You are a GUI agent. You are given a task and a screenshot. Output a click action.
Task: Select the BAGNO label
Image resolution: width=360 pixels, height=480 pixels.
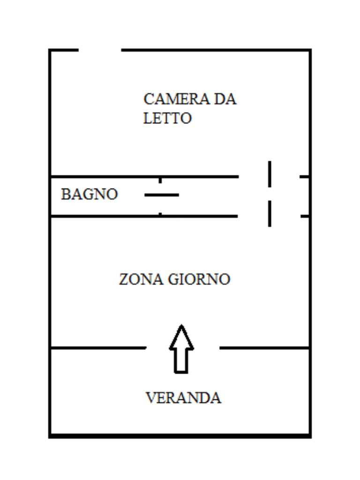pyautogui.click(x=89, y=194)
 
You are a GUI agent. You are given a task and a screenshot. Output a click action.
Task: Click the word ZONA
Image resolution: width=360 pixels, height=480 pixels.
pyautogui.click(x=141, y=279)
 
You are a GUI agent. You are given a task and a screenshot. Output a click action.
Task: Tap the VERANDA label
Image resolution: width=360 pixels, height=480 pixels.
pyautogui.click(x=183, y=398)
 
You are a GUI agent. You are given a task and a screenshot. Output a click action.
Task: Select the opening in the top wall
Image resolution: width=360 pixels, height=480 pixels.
pyautogui.click(x=100, y=50)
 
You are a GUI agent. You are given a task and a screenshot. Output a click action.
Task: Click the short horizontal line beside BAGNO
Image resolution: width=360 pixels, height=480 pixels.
pyautogui.click(x=162, y=195)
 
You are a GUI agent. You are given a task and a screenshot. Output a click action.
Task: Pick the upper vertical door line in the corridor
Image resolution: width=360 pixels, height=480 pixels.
pyautogui.click(x=270, y=174)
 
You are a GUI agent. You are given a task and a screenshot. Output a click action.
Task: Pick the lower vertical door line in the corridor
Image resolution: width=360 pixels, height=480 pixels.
pyautogui.click(x=270, y=213)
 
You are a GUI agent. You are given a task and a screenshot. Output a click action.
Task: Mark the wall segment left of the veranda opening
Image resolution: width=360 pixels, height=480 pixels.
pyautogui.click(x=97, y=348)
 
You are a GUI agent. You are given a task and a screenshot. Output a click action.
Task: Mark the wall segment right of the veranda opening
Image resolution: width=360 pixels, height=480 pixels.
pyautogui.click(x=264, y=348)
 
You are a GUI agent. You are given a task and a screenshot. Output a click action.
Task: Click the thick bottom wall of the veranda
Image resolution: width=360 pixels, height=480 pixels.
pyautogui.click(x=180, y=436)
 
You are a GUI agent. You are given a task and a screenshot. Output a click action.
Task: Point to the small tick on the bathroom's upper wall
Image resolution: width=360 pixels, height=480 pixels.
pyautogui.click(x=160, y=180)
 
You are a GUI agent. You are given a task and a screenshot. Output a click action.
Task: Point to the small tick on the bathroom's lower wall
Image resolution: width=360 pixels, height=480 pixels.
pyautogui.click(x=160, y=213)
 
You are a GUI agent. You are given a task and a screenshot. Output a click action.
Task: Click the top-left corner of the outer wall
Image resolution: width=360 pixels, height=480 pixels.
pyautogui.click(x=50, y=50)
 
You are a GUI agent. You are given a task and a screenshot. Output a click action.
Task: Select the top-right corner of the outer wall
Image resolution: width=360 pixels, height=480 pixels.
pyautogui.click(x=310, y=50)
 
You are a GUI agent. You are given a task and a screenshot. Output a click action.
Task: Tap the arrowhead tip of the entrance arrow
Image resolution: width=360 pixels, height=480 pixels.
pyautogui.click(x=181, y=326)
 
